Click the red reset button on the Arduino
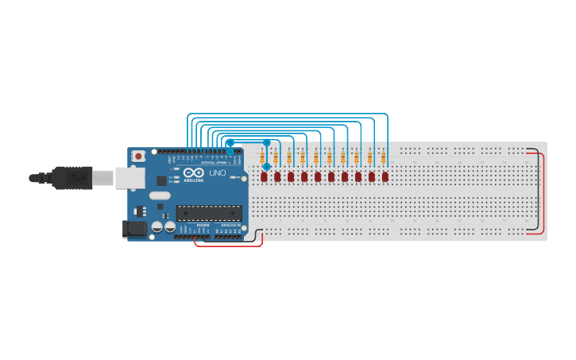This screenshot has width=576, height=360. pos(139,157)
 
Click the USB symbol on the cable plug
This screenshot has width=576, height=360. pos(77,179)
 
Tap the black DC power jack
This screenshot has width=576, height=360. pos(135,230)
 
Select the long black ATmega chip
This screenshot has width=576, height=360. pos(209,213)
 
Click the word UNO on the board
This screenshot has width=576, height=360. pos(217,173)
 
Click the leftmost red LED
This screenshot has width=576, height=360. pos(264,176)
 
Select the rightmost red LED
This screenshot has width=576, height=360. pos(385,176)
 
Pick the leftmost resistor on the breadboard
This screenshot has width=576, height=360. pos(262,158)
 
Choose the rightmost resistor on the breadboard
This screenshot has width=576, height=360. pos(383,158)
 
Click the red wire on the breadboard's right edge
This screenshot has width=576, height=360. pos(544,195)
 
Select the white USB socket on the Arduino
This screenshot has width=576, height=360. pos(130,177)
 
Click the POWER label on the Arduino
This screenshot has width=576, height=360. pos(203,226)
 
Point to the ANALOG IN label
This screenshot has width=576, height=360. pos(230,226)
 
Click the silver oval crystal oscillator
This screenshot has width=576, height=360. pos(160,195)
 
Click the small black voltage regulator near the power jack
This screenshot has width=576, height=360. pos(141,211)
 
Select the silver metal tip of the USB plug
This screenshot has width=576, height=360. pos(102,179)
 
